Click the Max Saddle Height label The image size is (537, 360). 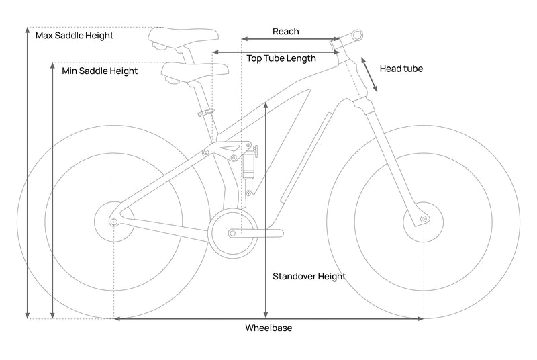[74, 35]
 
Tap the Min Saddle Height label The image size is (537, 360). [99, 71]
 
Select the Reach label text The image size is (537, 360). [286, 32]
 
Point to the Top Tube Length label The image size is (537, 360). [281, 58]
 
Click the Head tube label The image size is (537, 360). [401, 69]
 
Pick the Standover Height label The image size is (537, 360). [309, 276]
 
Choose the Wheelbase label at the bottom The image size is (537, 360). [268, 328]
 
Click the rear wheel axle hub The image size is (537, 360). [114, 221]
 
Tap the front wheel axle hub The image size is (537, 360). [423, 219]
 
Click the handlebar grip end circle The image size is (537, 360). [357, 34]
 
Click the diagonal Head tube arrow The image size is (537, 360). [369, 73]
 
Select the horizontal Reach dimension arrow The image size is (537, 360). [292, 40]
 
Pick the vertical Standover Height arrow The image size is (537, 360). [266, 208]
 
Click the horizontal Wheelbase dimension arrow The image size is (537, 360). [268, 318]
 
